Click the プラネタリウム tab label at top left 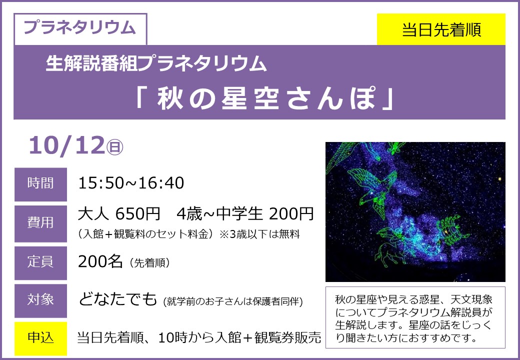(x=80, y=27)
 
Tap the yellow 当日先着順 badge (x=441, y=29)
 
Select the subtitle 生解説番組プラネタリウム (x=156, y=63)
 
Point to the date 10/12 (x=66, y=145)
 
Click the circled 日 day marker (x=114, y=147)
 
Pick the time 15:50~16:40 (x=131, y=183)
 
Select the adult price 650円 (x=137, y=214)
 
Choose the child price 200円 (x=291, y=214)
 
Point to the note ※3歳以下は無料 (x=259, y=234)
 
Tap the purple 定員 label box (x=40, y=262)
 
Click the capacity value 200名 (x=100, y=262)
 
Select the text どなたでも (x=117, y=299)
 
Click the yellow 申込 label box (x=40, y=338)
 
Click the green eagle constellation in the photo (x=373, y=190)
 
